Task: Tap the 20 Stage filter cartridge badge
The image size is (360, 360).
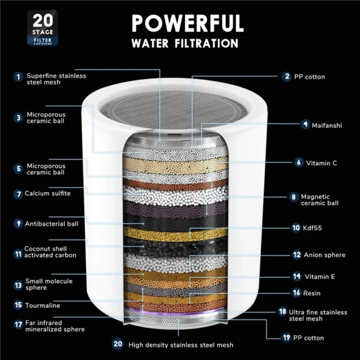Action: (x=29, y=29)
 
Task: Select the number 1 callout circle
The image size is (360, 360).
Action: (x=19, y=76)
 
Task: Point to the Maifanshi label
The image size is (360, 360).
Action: (x=326, y=125)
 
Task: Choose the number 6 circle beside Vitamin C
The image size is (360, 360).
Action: (x=298, y=162)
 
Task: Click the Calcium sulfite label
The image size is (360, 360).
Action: (x=47, y=194)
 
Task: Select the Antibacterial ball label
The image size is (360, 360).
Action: (x=52, y=224)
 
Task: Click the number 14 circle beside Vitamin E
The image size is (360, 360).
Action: (x=296, y=277)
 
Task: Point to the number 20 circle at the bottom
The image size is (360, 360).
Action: (x=117, y=344)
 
